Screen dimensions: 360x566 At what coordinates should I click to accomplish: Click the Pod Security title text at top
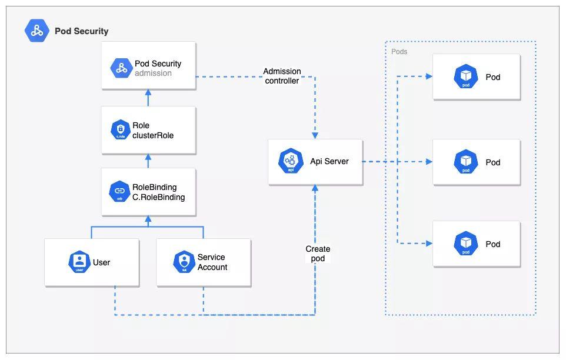pos(81,31)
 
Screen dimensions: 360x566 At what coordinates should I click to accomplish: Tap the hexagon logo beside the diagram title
pos(37,31)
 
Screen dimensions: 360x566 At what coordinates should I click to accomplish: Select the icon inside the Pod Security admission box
pos(121,68)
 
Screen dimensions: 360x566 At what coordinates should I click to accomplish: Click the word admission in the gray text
pos(153,74)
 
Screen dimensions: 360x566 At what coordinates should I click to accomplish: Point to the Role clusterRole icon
pos(121,130)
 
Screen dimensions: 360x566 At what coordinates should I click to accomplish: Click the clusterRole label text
pos(153,135)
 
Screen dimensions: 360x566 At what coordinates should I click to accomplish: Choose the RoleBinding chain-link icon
pos(120,191)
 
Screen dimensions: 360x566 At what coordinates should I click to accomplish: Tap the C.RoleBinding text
pos(159,197)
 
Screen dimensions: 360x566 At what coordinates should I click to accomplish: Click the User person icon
pos(79,262)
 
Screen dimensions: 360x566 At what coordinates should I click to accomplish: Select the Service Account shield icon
pos(184,262)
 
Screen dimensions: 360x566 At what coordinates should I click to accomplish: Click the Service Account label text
pos(212,262)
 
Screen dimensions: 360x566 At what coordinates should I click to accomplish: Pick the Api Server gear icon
pos(291,161)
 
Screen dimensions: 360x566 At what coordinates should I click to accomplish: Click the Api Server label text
pos(329,161)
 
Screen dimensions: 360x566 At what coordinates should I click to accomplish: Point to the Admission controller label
pos(282,76)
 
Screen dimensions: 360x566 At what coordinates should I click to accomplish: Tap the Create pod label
pos(318,254)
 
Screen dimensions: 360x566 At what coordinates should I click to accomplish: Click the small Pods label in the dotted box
pos(399,52)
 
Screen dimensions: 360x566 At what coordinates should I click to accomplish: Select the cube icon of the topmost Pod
pos(465,76)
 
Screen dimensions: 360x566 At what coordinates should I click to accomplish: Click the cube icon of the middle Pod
pos(465,162)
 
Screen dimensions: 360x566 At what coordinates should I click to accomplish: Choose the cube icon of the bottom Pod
pos(465,244)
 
